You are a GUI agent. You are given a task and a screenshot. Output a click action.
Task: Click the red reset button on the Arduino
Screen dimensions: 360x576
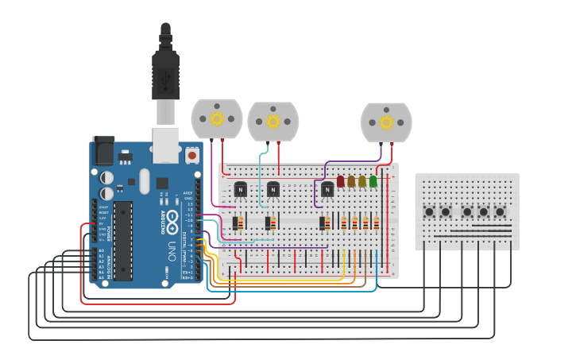point(191,156)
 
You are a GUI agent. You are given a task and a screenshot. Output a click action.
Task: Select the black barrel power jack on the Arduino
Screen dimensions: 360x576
point(103,150)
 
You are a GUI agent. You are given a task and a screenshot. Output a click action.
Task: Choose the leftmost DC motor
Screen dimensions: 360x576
point(216,119)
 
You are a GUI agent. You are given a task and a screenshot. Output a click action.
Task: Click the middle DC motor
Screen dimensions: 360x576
point(273,121)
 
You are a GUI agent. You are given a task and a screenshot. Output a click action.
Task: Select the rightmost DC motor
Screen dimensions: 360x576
point(386,122)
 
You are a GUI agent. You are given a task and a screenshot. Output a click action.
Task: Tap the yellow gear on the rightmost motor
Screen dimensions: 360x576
point(386,122)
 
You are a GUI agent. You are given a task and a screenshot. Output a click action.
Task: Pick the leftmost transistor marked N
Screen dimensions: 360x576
point(240,189)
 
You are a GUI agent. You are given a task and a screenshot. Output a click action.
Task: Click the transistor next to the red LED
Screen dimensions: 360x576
point(327,189)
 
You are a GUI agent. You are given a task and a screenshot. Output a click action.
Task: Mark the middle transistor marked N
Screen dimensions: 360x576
point(273,189)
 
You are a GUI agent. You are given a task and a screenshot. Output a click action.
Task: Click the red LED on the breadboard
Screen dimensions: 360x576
point(341,181)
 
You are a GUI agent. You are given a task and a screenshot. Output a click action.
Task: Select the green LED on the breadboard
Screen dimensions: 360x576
point(373,181)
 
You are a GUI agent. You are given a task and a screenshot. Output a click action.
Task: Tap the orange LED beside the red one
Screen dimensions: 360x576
point(351,181)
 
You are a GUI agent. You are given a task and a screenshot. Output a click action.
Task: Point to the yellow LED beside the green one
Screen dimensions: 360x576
point(362,181)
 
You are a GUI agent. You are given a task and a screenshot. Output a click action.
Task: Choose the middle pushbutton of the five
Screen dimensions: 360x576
point(466,212)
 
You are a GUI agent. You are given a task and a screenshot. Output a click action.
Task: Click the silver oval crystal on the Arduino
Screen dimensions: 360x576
point(144,180)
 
